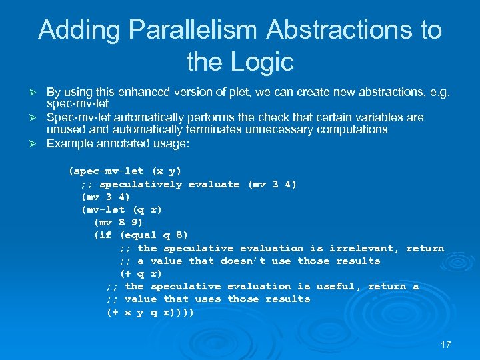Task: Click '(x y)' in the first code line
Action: click(166, 171)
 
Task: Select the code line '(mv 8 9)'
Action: click(119, 222)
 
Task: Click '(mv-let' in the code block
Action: click(103, 209)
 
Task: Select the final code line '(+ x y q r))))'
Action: click(150, 311)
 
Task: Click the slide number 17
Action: click(446, 345)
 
